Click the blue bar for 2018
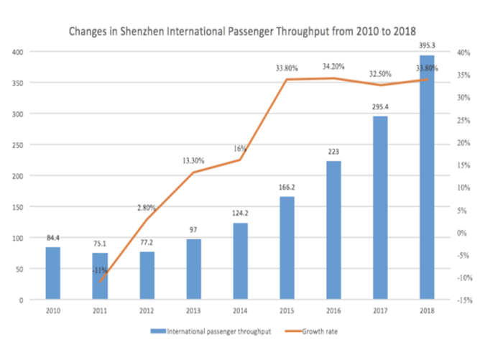[x=427, y=177]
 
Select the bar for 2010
[x=52, y=273]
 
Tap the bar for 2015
[x=287, y=248]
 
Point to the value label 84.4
[x=53, y=237]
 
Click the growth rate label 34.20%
[x=333, y=66]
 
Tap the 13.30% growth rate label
[x=193, y=160]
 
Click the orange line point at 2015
[x=287, y=80]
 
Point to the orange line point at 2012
[x=147, y=220]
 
